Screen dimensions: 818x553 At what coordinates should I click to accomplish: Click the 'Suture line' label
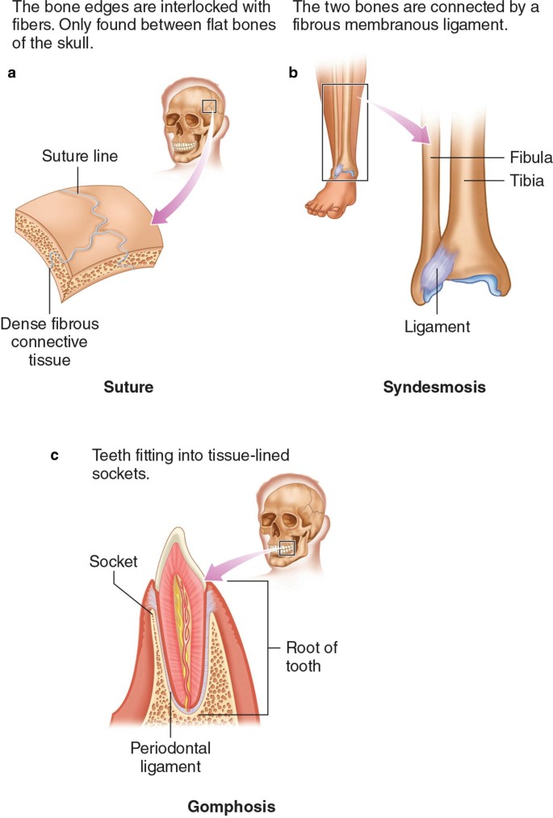80,156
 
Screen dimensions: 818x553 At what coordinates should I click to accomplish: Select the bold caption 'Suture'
128,388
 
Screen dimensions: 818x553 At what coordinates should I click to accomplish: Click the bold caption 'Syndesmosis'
435,388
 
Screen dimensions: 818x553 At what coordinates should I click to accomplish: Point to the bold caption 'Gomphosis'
231,806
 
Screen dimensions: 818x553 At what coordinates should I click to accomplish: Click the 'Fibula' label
530,157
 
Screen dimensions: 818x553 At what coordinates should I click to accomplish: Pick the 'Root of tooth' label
304,656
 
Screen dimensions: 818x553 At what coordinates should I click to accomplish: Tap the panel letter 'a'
11,73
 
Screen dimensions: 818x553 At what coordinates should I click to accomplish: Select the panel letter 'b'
293,73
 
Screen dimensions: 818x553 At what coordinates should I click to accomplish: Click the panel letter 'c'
55,455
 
